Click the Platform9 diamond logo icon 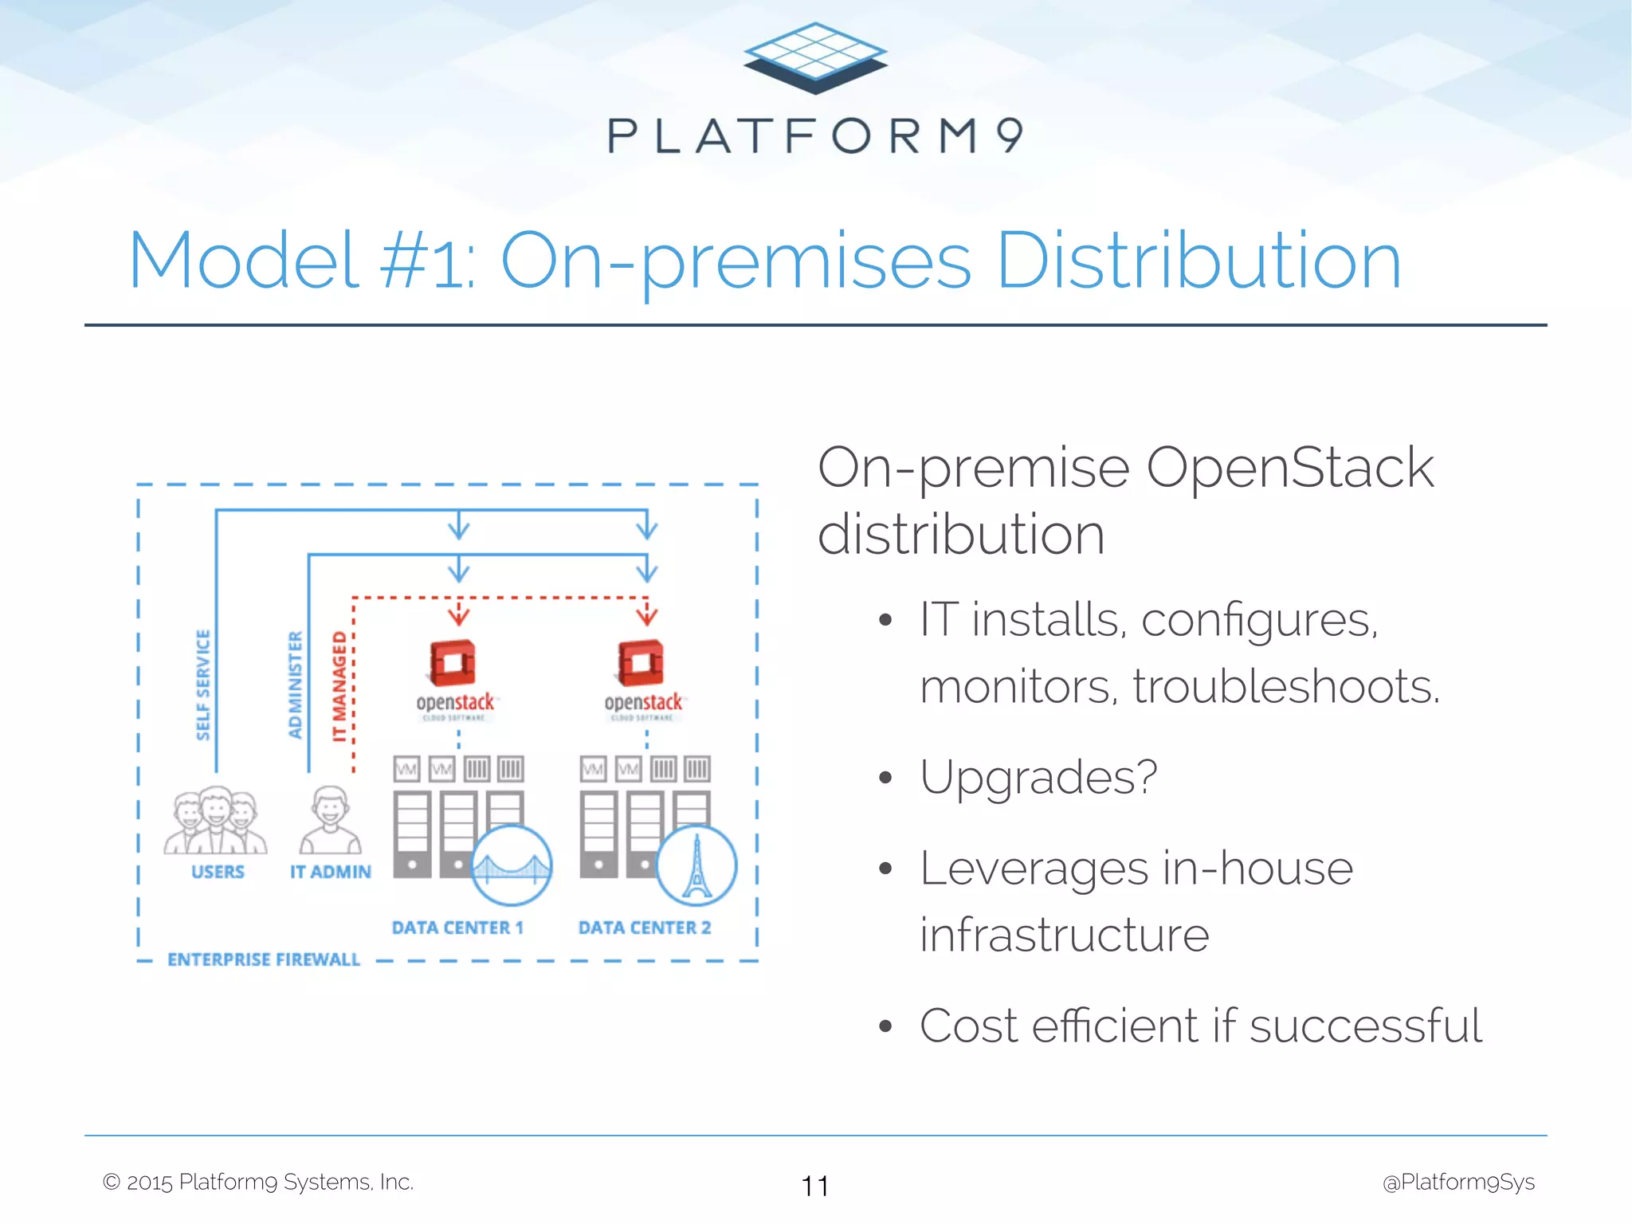point(815,57)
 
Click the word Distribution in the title point(1198,261)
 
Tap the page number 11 point(815,1186)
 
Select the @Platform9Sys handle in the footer point(1458,1182)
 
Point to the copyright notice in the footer point(258,1182)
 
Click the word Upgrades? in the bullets point(1038,776)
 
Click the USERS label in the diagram point(218,872)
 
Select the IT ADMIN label point(330,872)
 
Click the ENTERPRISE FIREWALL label point(264,959)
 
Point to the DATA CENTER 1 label point(457,928)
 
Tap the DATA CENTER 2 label point(645,928)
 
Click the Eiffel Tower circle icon point(696,865)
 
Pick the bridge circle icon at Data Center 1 point(512,865)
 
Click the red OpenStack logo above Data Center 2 point(641,663)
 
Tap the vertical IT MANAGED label point(339,686)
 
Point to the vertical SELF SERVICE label point(203,685)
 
